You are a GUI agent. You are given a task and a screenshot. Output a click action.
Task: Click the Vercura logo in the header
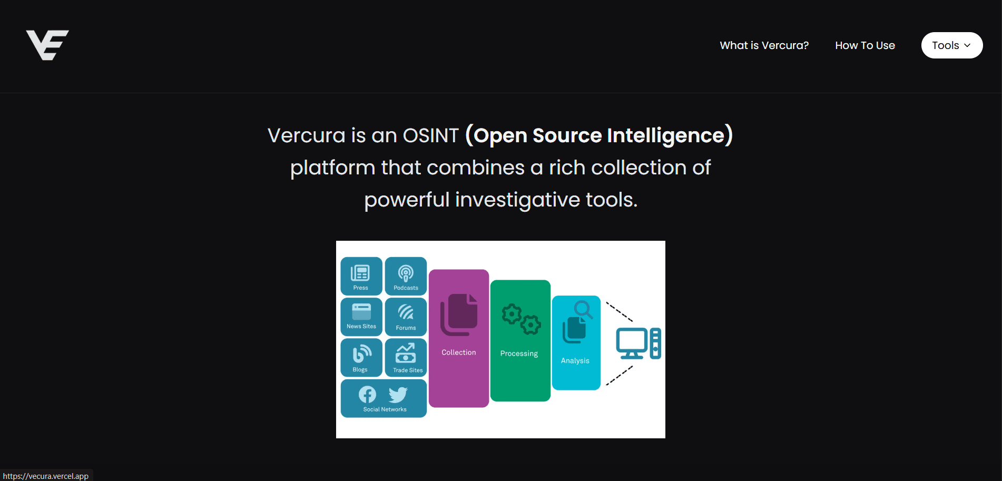(x=47, y=45)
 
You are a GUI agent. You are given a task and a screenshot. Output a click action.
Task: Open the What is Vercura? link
(x=764, y=45)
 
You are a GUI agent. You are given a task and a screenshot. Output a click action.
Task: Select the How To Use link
(x=865, y=45)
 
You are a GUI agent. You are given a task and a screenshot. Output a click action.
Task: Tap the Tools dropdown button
(x=951, y=45)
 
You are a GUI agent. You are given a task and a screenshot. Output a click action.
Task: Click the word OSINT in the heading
(x=430, y=135)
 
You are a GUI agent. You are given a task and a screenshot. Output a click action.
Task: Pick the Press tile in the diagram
(x=361, y=276)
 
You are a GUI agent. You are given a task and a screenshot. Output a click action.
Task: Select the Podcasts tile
(x=406, y=276)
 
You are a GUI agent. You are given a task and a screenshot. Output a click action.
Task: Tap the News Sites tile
(x=361, y=317)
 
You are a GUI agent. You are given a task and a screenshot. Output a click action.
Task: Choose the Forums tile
(x=406, y=317)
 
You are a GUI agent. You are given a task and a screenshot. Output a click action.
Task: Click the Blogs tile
(x=361, y=357)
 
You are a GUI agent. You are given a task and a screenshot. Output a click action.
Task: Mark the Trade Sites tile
(x=406, y=357)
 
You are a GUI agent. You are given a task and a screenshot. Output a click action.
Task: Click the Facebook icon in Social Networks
(x=367, y=394)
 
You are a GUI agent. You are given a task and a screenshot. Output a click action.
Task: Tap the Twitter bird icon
(x=398, y=394)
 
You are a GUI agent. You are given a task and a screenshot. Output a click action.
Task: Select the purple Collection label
(x=458, y=352)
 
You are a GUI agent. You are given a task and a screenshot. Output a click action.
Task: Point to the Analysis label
(x=575, y=361)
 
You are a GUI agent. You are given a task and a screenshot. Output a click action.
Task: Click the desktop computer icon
(x=638, y=343)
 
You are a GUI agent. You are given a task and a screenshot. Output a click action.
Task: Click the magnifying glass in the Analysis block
(x=583, y=309)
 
